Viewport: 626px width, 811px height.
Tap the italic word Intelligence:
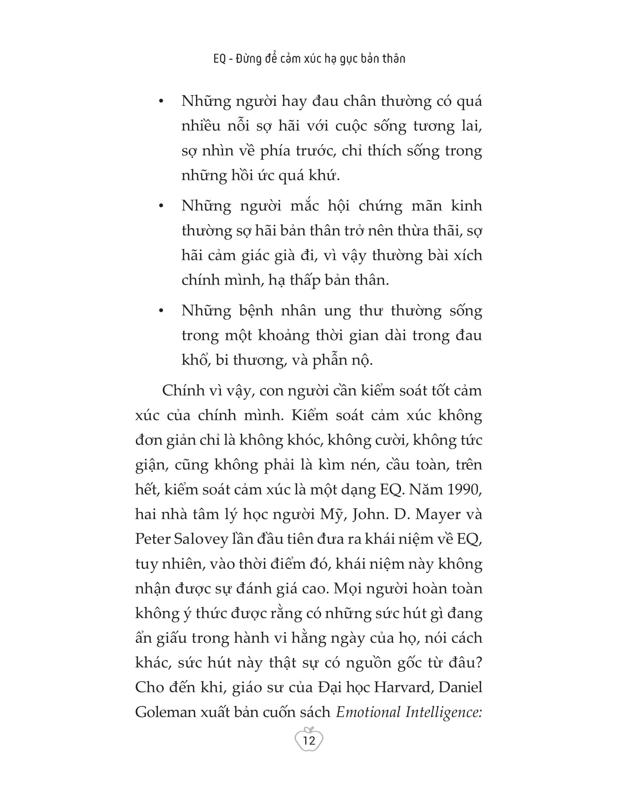click(444, 712)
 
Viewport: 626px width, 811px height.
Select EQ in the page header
click(219, 59)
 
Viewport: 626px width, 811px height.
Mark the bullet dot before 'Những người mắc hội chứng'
click(161, 206)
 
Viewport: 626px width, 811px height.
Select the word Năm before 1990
click(421, 490)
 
